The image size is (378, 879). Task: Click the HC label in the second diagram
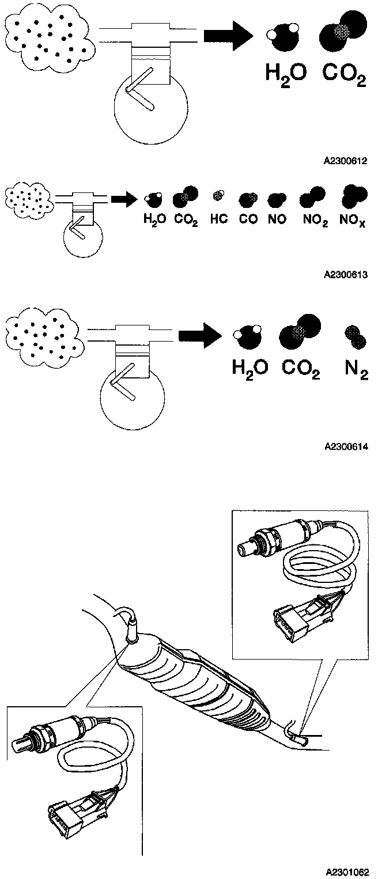(x=219, y=219)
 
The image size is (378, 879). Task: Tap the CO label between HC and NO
(x=248, y=219)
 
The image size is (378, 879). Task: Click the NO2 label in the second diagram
(x=313, y=220)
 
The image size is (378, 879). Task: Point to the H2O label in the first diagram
(x=285, y=74)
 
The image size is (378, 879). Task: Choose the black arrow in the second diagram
(x=122, y=199)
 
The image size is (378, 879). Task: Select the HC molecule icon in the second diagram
(x=218, y=196)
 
